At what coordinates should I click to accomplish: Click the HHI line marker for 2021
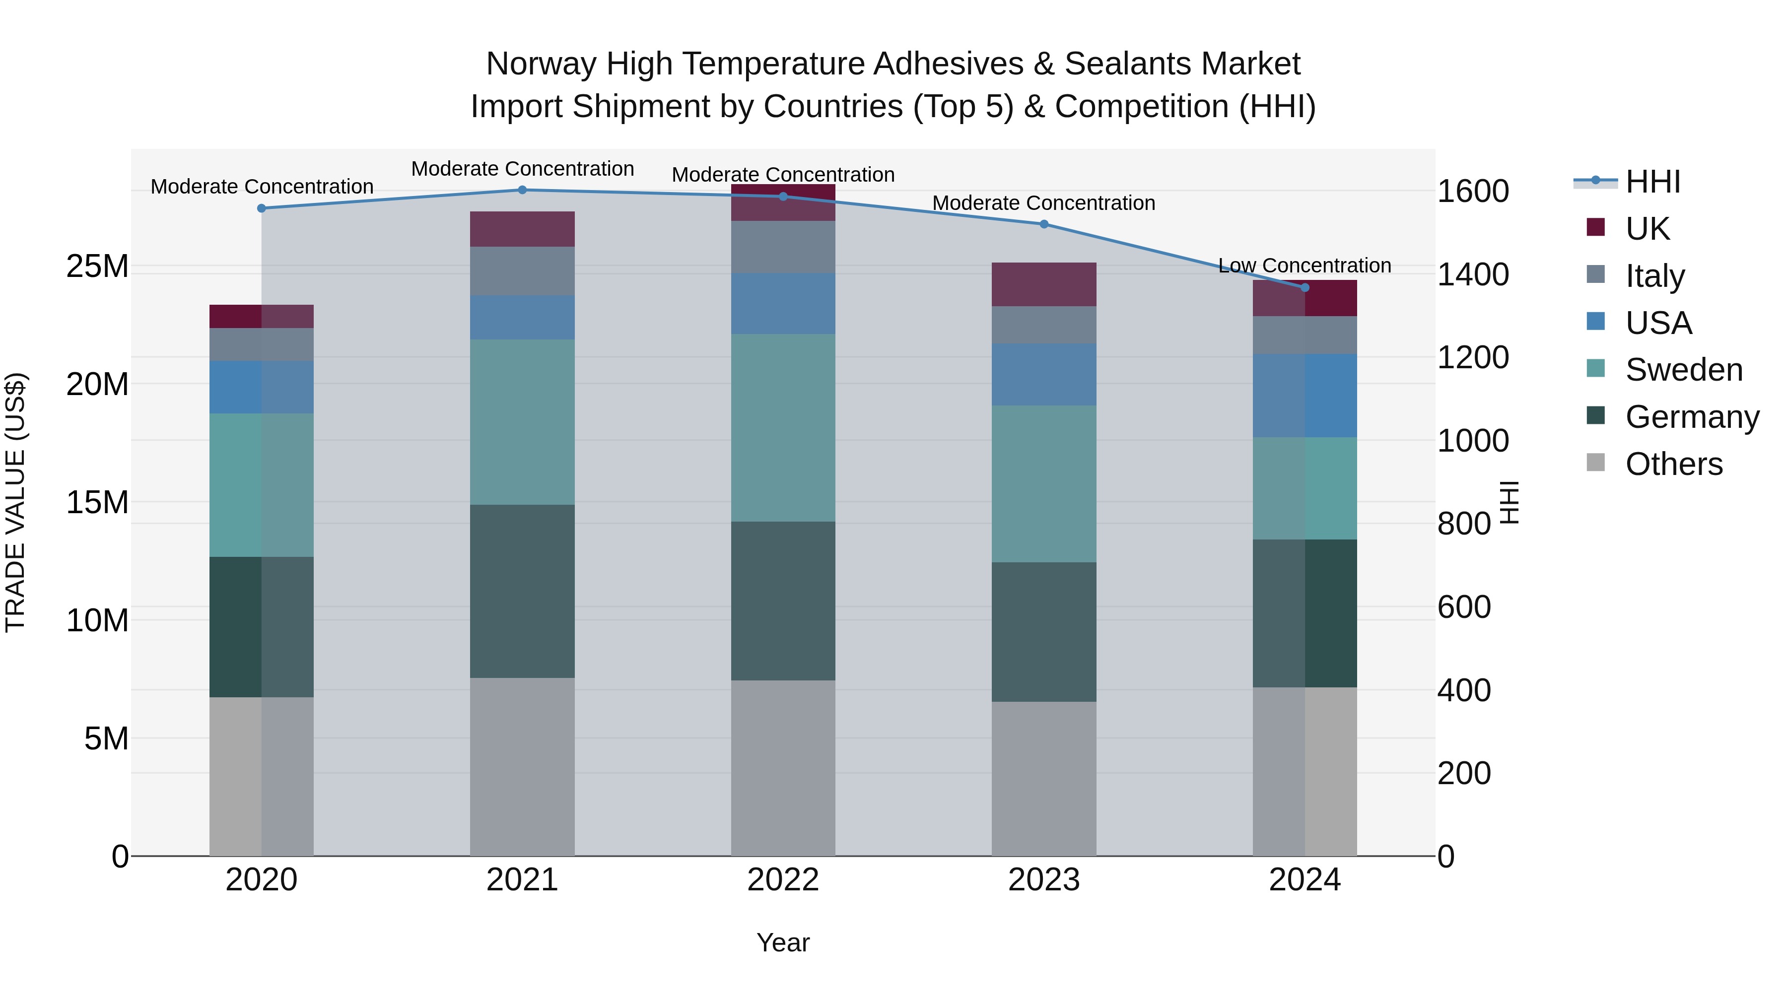coord(522,190)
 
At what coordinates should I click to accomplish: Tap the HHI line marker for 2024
coord(1305,287)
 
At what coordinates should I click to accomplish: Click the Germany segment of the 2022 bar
coord(783,601)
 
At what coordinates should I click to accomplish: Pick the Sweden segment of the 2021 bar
coord(522,422)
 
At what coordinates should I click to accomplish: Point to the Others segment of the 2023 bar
coord(1044,778)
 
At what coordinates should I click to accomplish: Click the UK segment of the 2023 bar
coord(1044,284)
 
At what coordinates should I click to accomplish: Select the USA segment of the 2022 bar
coord(783,304)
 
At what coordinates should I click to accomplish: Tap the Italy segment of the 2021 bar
coord(522,271)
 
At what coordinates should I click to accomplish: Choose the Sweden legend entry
coord(1684,370)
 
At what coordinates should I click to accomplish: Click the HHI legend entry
coord(1652,182)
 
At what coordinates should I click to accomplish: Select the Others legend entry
coord(1673,464)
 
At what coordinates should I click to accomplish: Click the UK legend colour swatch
coord(1595,227)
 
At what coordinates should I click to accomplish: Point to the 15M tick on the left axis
coord(97,502)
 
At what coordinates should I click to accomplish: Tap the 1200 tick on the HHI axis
coord(1472,358)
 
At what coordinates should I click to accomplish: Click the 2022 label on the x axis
coord(783,880)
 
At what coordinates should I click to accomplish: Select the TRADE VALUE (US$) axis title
coord(15,502)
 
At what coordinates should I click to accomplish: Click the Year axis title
coord(783,942)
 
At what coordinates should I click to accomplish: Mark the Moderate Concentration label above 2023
coord(1043,203)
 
